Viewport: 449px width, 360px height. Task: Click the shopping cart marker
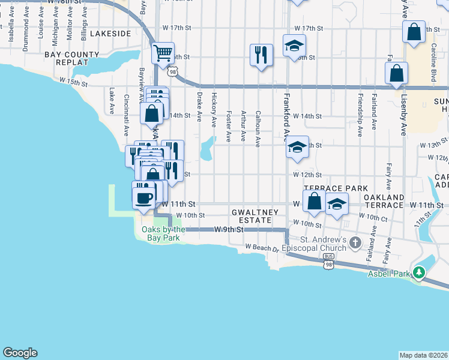(163, 53)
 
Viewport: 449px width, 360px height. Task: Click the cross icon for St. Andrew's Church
(355, 242)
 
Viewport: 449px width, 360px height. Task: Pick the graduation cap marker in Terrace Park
(337, 204)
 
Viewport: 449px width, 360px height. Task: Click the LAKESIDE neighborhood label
(110, 34)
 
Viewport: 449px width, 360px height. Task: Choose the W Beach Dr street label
(262, 247)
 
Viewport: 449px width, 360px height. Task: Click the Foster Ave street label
(229, 126)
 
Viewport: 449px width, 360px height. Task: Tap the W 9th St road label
(231, 229)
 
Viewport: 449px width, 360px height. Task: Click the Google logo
(20, 353)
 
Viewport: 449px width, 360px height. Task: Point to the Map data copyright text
(423, 355)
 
